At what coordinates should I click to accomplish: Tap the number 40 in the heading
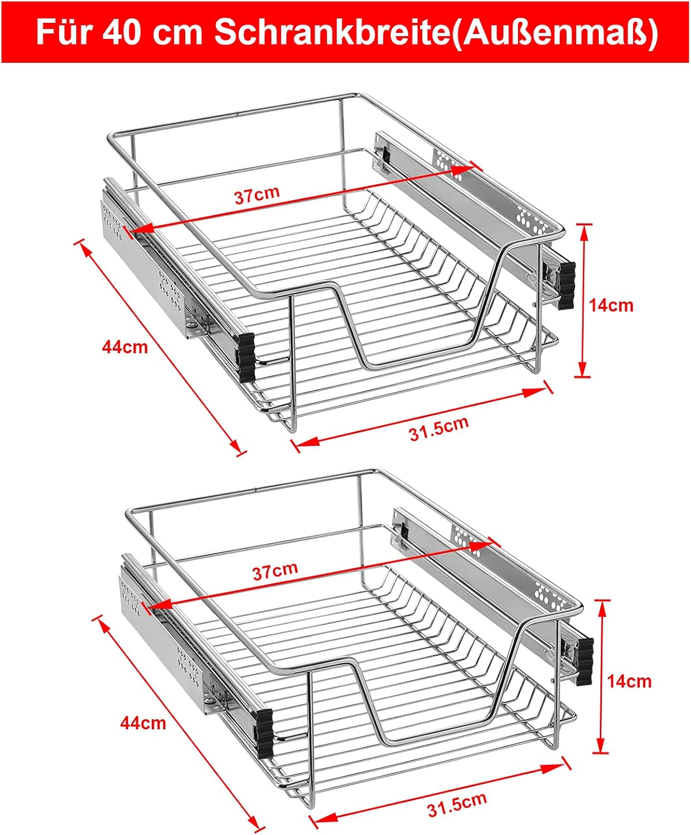[x=121, y=32]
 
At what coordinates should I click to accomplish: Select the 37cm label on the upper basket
[x=256, y=195]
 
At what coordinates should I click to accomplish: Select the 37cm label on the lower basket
[x=275, y=571]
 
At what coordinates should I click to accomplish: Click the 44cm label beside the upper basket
[x=125, y=347]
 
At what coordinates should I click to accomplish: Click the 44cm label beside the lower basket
[x=143, y=723]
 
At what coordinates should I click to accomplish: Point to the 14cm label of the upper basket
[x=611, y=306]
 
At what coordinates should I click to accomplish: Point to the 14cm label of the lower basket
[x=629, y=681]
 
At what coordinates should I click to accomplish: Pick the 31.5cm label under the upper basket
[x=439, y=428]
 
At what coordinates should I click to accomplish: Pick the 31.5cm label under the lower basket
[x=457, y=804]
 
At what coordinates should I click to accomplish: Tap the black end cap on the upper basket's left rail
[x=247, y=357]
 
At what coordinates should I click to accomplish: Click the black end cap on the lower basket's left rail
[x=265, y=734]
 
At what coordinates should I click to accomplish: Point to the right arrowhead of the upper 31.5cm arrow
[x=536, y=392]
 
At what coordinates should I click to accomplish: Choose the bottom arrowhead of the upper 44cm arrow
[x=235, y=445]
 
